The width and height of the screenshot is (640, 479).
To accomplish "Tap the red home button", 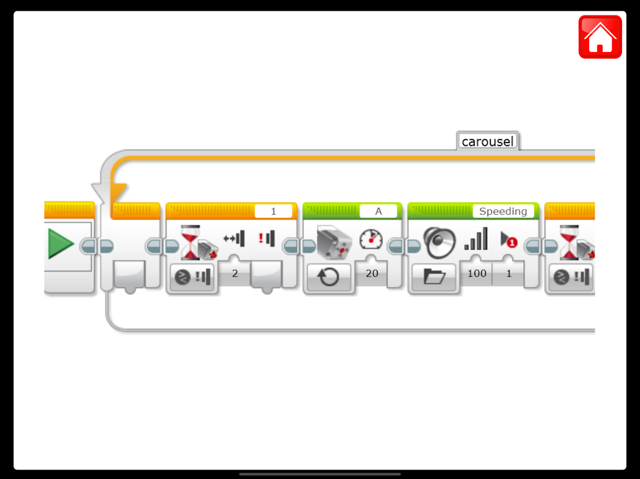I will coord(600,37).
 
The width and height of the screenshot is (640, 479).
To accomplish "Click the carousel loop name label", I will coord(488,142).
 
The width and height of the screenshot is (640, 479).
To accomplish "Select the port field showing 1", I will coord(273,211).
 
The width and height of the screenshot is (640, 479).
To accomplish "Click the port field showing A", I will coord(378,211).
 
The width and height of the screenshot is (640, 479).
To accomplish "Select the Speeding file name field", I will coord(503,211).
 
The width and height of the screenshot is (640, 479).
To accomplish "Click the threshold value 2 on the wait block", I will coord(235,273).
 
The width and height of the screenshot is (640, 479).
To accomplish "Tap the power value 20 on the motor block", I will coord(372,273).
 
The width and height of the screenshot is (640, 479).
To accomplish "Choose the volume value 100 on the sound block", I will coord(477,273).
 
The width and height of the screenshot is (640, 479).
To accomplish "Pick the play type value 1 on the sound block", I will coord(509,273).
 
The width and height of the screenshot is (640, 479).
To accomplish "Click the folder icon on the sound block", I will coord(434,277).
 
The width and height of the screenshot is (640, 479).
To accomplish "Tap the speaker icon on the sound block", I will coord(439,241).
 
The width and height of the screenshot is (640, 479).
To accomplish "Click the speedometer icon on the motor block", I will coord(371,239).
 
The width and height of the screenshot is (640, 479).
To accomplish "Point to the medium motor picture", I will coord(333,242).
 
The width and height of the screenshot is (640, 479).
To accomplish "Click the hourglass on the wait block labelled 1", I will coord(190,242).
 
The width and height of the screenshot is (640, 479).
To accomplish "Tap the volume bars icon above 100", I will coord(476,239).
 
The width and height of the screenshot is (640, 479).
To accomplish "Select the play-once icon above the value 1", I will coord(509,239).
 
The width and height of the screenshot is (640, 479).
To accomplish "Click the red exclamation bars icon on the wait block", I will coord(266,238).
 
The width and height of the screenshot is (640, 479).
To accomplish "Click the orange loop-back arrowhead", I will coord(117,193).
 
